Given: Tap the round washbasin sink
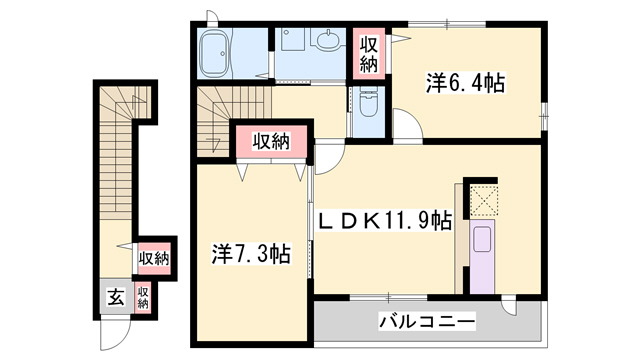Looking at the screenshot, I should coord(327,43).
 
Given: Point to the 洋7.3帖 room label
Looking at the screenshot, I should coord(250,254).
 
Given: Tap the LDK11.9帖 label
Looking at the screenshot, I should coord(384,220).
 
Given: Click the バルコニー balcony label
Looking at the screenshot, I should coord(427,322).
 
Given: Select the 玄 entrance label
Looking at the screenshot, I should coord(115,297).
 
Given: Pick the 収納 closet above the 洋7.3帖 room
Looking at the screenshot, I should coord(269,141).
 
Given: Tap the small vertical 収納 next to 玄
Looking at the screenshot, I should coord(143,297).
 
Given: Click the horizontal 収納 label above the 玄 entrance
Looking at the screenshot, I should coord(153,258).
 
